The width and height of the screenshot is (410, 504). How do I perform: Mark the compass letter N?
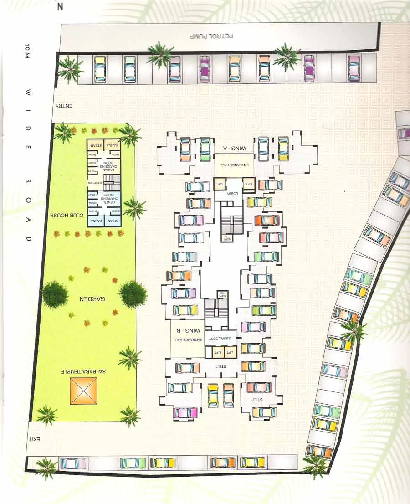pyautogui.click(x=60, y=7)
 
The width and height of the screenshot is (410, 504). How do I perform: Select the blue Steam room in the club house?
pyautogui.click(x=112, y=221)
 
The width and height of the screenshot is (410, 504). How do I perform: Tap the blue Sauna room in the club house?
pyautogui.click(x=95, y=221)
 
